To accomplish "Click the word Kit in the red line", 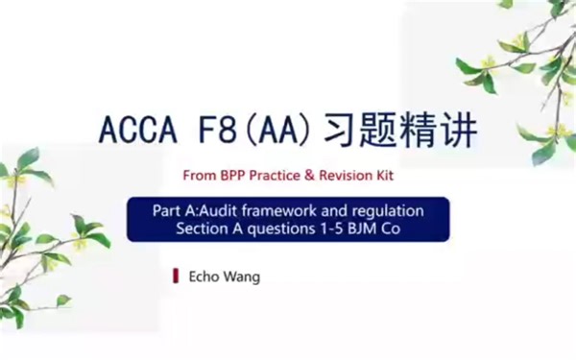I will pos(383,176).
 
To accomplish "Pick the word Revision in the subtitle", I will pos(343,176).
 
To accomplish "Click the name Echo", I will pos(204,276).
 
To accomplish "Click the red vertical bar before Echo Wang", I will pos(175,276).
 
